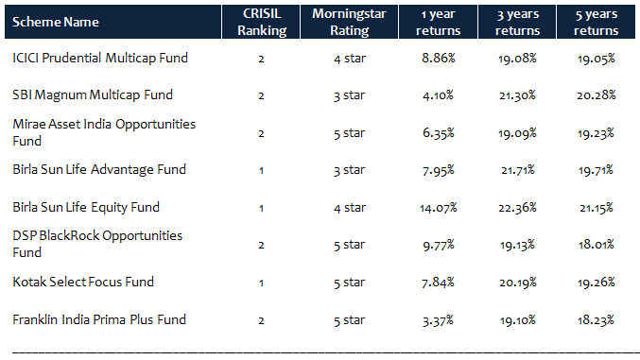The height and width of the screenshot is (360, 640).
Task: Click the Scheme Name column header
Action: coord(55,21)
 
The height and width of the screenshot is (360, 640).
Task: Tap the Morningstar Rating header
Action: coord(348,22)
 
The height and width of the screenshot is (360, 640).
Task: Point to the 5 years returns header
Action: coord(597,22)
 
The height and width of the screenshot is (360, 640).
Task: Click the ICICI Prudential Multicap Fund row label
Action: coord(100,58)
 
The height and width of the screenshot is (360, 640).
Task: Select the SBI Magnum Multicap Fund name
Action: coord(93,95)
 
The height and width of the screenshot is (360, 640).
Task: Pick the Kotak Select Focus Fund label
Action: coord(83,282)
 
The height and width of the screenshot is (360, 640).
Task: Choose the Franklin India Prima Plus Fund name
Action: coord(99,318)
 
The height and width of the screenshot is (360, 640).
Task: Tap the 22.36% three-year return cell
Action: coord(515,207)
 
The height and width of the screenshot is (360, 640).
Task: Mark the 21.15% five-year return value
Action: coord(597,207)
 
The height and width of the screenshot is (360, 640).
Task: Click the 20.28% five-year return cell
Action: coord(597,95)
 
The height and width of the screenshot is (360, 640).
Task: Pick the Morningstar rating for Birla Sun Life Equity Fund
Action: coord(348,207)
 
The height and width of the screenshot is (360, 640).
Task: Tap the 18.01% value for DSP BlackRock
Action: coord(597,244)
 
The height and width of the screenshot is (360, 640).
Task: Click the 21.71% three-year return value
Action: coord(515,170)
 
